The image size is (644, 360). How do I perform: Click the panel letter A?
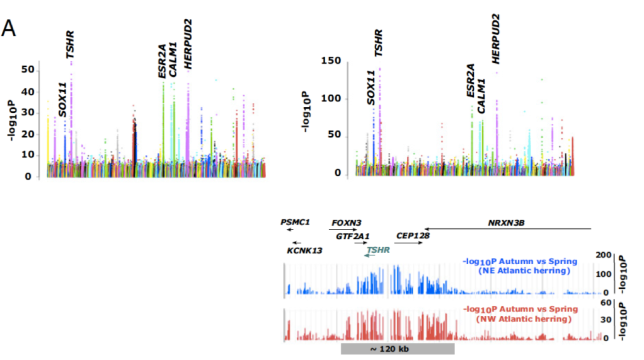tap(9, 29)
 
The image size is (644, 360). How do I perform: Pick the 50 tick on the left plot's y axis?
tap(28, 69)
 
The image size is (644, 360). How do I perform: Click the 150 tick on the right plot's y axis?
tap(331, 61)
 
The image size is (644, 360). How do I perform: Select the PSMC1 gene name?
tap(296, 222)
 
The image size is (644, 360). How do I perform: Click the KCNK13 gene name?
tap(304, 250)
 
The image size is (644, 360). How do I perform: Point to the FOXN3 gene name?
tap(346, 222)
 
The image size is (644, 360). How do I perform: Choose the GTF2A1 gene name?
tap(352, 236)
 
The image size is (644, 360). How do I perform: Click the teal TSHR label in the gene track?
tap(378, 250)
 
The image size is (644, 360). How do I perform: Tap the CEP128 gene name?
tap(413, 236)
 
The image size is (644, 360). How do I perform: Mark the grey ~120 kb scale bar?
tap(398, 349)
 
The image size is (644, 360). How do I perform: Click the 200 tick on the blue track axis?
tap(603, 255)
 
